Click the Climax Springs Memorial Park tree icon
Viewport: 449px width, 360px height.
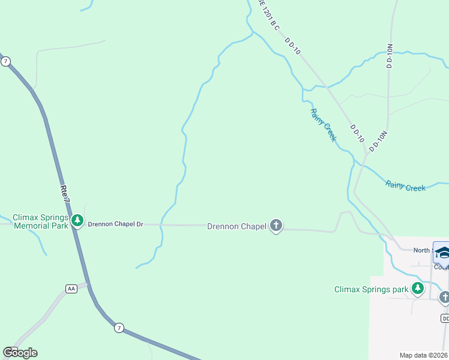coord(77,220)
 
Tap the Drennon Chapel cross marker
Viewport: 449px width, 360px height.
coord(276,226)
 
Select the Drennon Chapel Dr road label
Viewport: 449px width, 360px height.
coord(116,224)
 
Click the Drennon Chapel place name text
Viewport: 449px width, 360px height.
coord(237,226)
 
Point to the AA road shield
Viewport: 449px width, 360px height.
coord(71,289)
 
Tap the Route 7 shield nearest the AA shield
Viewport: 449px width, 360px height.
coord(119,328)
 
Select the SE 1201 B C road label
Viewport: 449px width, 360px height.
coord(269,14)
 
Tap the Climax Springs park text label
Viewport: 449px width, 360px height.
coord(371,290)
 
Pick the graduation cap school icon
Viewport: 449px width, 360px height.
coord(443,253)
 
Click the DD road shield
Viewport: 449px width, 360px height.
coord(445,318)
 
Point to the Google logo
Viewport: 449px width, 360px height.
coord(20,352)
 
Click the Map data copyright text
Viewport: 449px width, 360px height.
coord(424,355)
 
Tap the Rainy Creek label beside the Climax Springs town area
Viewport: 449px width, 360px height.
coord(405,187)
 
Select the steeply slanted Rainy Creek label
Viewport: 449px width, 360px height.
coord(323,125)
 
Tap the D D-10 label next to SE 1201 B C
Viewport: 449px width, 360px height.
coord(292,47)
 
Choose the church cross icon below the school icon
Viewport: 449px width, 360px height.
coord(444,296)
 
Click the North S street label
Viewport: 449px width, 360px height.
coord(422,250)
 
